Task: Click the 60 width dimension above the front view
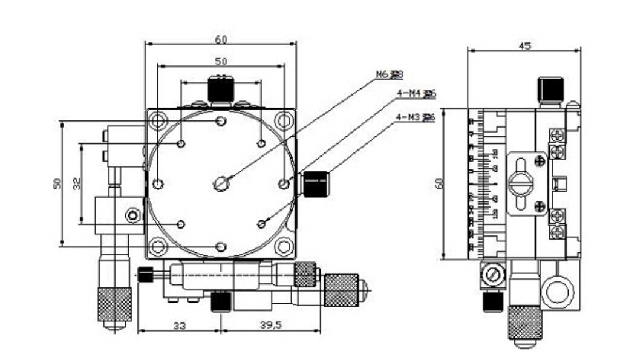(x=221, y=39)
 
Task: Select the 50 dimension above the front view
(x=221, y=61)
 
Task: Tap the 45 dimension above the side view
(x=524, y=46)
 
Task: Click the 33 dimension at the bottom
(x=180, y=325)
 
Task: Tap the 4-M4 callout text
(x=415, y=93)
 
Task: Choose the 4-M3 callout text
(x=415, y=117)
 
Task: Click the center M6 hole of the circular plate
(x=221, y=182)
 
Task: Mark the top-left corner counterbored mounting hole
(x=157, y=120)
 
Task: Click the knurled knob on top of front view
(x=221, y=89)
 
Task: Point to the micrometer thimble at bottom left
(x=115, y=304)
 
